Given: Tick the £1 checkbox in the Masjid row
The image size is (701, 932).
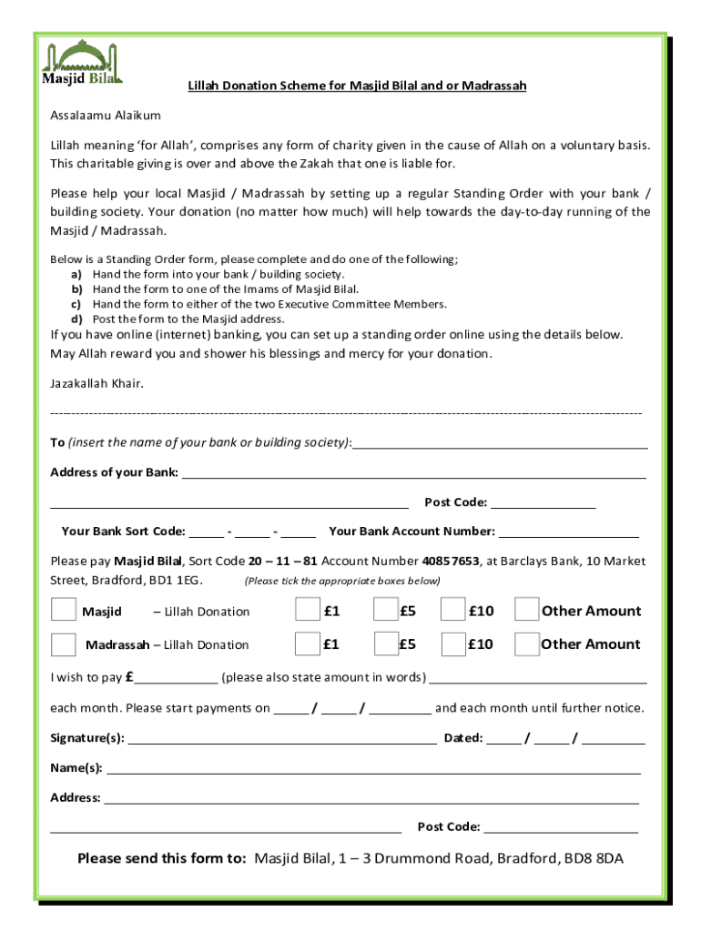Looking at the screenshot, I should point(308,610).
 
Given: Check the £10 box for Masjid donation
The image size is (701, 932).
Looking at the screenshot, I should point(452,610).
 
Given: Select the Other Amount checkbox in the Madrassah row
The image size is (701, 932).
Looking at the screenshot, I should point(526,643).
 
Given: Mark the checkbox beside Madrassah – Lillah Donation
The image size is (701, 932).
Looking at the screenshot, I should point(64,643).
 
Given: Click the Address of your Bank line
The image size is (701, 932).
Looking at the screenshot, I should point(414,475).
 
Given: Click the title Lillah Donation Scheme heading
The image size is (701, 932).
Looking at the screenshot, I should point(357,86).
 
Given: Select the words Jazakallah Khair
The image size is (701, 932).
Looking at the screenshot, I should point(97,383).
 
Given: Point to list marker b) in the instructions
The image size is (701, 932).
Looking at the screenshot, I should point(77,289).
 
